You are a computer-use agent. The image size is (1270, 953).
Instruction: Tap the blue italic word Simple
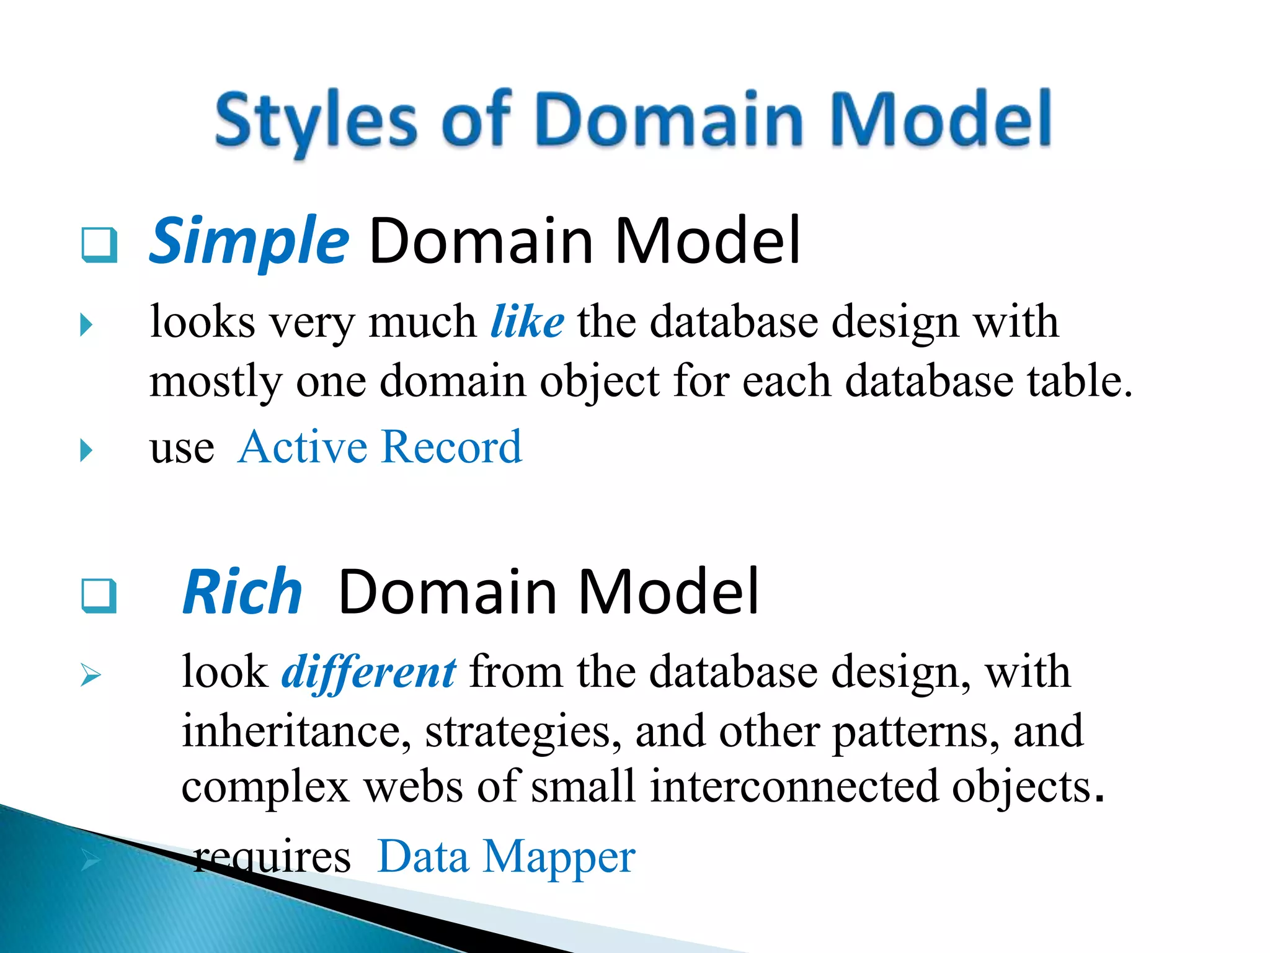(249, 241)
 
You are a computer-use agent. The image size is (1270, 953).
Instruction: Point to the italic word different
(369, 672)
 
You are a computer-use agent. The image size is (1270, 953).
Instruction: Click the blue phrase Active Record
(380, 446)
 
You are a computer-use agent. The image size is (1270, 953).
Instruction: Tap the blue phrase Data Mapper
(506, 857)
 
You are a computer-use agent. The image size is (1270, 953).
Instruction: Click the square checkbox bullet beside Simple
(99, 245)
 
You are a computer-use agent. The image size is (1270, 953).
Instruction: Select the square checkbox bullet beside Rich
(99, 596)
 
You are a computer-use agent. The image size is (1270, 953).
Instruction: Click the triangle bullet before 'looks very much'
(87, 324)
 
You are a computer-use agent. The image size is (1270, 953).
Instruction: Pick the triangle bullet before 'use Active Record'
(87, 450)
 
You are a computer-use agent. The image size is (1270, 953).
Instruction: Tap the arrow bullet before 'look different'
(91, 675)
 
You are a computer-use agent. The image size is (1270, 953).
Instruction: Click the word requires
(272, 858)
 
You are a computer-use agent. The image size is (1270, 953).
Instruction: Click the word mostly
(215, 382)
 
